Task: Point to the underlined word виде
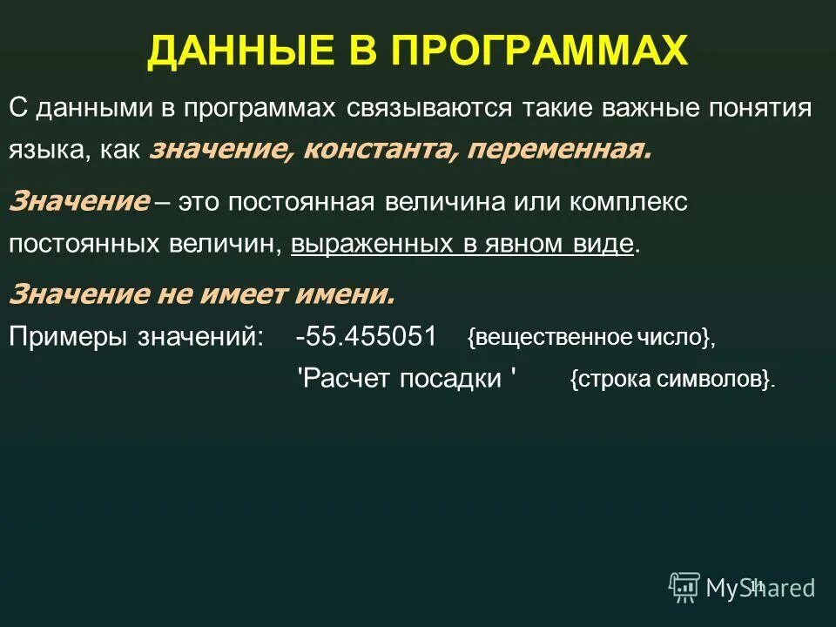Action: (603, 243)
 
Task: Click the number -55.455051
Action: (366, 337)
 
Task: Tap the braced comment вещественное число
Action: (590, 339)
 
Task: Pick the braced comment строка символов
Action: (671, 381)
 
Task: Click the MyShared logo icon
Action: (684, 588)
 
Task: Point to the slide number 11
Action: (756, 585)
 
